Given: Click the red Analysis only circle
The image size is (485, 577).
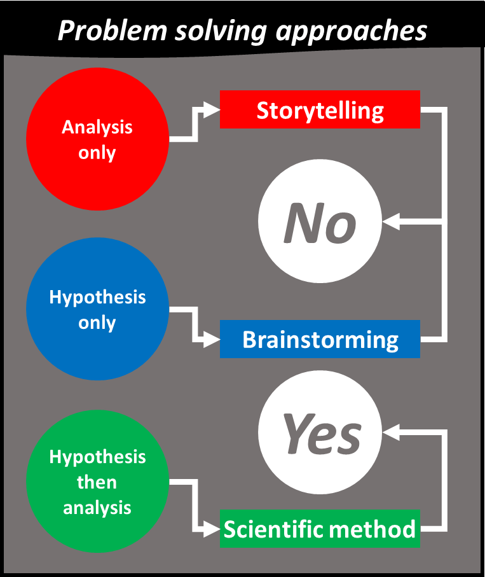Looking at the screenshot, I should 97,139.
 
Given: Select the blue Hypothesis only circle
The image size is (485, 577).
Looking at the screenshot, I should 97,309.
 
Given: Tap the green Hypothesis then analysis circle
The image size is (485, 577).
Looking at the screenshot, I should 97,482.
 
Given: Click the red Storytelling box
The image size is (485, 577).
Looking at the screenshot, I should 320,109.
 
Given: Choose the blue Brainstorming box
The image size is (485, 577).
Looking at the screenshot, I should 320,339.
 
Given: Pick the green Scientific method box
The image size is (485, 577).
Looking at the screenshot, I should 320,529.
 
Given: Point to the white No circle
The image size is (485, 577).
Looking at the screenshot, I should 320,222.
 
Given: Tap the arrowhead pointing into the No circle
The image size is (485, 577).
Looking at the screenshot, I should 390,222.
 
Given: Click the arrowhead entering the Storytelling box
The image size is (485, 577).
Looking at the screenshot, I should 213,109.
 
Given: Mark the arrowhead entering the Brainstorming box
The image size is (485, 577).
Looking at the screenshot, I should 213,339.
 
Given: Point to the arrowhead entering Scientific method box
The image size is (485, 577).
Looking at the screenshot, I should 213,529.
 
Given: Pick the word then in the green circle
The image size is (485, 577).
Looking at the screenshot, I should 97,482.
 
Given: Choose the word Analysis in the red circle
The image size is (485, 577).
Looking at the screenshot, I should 97,127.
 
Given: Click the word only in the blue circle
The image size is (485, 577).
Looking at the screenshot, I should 97,323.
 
